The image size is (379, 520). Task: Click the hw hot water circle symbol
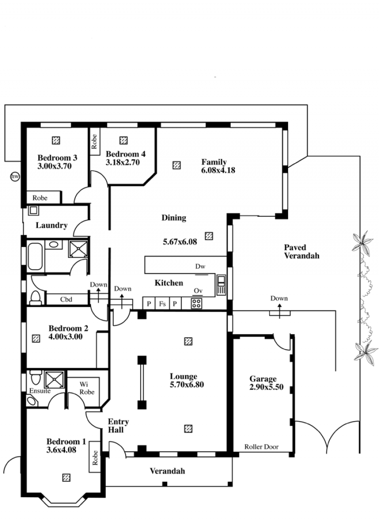coord(15,176)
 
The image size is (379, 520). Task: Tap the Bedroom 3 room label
coord(57,158)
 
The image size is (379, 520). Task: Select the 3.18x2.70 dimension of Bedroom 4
coord(123,162)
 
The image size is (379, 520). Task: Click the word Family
coord(214,162)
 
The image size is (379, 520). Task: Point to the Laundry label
coord(52,225)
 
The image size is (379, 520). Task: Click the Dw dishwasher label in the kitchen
coord(200,266)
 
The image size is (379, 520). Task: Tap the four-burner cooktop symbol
coord(196,304)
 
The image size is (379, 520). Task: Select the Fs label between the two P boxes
coord(162,304)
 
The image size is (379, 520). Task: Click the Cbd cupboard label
coord(66,299)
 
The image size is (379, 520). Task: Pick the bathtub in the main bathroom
coord(35,256)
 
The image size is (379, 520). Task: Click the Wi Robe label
coord(87,388)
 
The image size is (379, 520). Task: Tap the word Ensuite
coord(40,391)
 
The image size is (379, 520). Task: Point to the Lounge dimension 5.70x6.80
coord(187,385)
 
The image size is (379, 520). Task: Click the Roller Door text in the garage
coord(262,447)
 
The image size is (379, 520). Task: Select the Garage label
coord(263,379)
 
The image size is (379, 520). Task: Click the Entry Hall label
coord(118,426)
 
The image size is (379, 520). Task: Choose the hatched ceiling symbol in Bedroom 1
coord(66,477)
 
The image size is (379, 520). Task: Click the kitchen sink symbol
coord(221,285)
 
